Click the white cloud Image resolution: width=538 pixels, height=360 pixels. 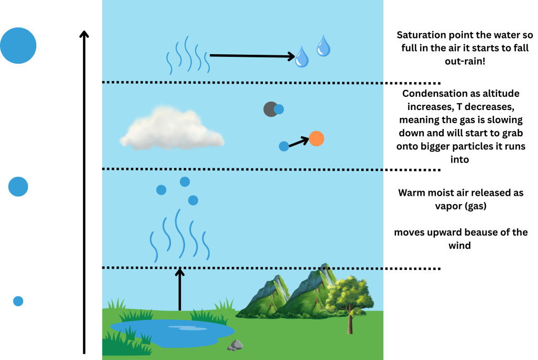pyautogui.click(x=171, y=128)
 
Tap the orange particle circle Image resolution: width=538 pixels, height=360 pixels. pyautogui.click(x=316, y=138)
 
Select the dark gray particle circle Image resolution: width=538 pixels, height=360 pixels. pyautogui.click(x=270, y=109)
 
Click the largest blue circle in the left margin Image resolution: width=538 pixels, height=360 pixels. pyautogui.click(x=18, y=46)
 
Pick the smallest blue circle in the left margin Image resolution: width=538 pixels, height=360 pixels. pyautogui.click(x=18, y=301)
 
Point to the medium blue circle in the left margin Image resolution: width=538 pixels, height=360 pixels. pyautogui.click(x=18, y=187)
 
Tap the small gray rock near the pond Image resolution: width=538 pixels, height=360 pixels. pyautogui.click(x=235, y=345)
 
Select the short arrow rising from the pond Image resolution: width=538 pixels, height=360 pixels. pyautogui.click(x=180, y=289)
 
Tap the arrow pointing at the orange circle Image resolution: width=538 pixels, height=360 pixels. pyautogui.click(x=298, y=142)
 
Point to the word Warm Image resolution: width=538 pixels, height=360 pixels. pyautogui.click(x=411, y=193)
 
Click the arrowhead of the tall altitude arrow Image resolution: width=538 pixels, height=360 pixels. pyautogui.click(x=83, y=34)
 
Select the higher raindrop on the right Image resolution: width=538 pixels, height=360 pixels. pyautogui.click(x=323, y=46)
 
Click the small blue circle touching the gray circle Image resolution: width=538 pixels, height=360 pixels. pyautogui.click(x=279, y=109)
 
